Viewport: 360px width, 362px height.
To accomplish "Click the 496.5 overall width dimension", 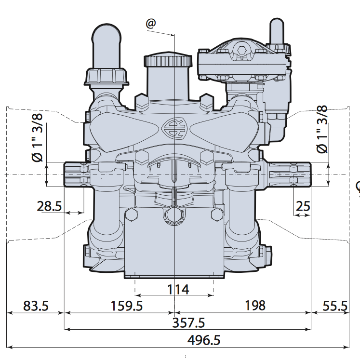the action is coord(204,340).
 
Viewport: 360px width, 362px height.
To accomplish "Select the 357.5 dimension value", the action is coord(188,322).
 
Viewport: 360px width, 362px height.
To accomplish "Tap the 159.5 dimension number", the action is coord(127,306).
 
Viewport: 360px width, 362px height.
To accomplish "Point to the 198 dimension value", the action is coord(255,306).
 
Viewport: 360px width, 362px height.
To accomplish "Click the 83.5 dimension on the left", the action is coord(36,306).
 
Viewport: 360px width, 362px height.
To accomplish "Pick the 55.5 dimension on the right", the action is coord(335,306).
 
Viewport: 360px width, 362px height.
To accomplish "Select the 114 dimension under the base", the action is coord(178,289).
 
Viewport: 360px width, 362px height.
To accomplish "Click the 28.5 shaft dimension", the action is coord(49,206).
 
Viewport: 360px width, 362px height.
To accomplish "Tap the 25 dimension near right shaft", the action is coord(303,206).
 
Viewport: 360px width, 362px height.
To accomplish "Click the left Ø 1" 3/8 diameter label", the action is coord(37,137).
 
